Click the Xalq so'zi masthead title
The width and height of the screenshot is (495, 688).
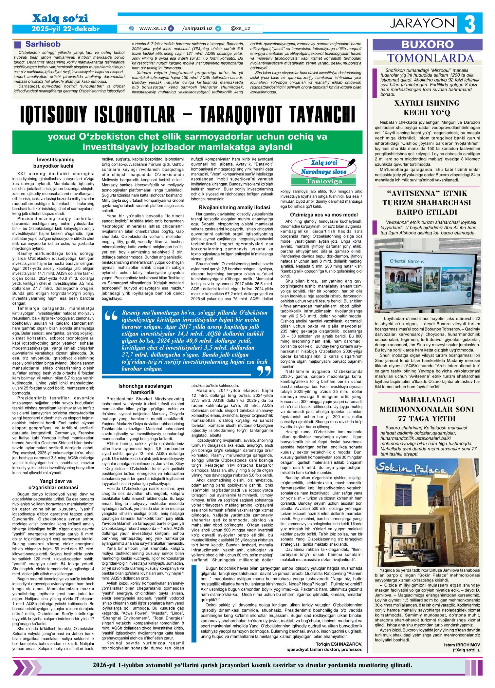[58, 19]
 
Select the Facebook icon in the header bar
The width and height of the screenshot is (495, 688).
[171, 29]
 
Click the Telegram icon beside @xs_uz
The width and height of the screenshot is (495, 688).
[218, 29]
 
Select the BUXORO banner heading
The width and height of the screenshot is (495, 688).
[428, 44]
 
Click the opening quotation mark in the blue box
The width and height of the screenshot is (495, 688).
[112, 316]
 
